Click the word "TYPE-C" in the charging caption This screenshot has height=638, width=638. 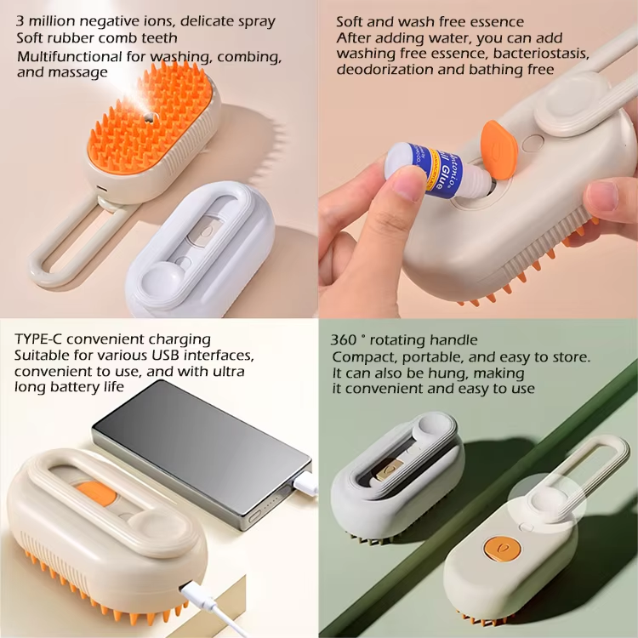[x=39, y=339]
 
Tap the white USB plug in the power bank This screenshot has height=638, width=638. [x=304, y=483]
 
